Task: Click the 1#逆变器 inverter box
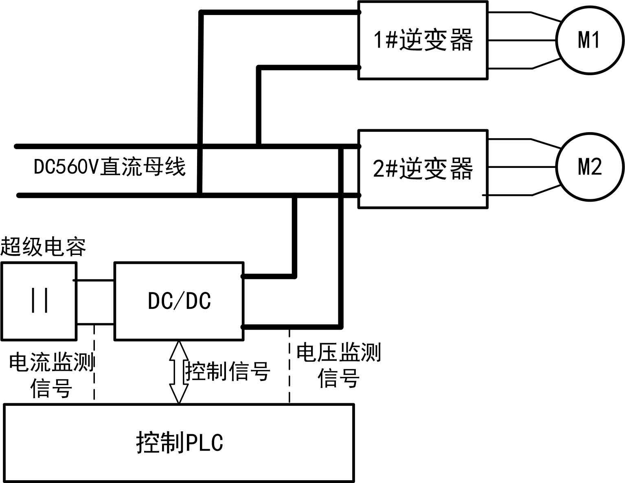(423, 40)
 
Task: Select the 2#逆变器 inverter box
(423, 169)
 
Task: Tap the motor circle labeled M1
(590, 40)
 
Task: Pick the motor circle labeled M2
(590, 167)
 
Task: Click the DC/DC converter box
(179, 301)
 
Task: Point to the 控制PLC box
(179, 443)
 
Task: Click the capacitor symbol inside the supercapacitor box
(40, 301)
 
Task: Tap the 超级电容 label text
(43, 247)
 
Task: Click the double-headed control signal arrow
(179, 372)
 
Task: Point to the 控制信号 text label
(228, 371)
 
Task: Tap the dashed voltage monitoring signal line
(289, 366)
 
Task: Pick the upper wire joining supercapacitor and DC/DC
(95, 280)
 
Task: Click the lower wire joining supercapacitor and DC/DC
(95, 324)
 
